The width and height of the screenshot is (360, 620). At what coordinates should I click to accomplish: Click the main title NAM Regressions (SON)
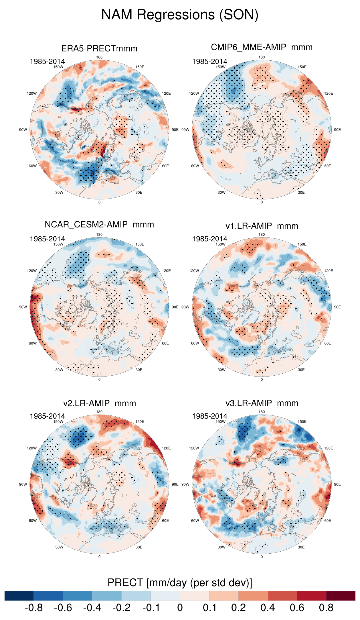pos(180,15)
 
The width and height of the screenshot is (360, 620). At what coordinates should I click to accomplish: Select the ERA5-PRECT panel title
pos(99,48)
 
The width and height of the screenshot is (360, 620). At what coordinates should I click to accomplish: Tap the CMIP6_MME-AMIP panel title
pos(262,47)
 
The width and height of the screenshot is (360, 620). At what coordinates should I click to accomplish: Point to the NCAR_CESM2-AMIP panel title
pos(99,225)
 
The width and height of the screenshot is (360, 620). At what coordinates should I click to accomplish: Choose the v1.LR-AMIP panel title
pos(262,226)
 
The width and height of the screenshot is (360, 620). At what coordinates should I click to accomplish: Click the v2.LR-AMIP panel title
pos(99,403)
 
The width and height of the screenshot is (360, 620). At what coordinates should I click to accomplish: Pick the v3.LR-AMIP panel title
pos(262,403)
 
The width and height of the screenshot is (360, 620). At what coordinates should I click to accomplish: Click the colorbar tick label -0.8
pos(34,608)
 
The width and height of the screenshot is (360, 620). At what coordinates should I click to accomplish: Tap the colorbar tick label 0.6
pos(297,608)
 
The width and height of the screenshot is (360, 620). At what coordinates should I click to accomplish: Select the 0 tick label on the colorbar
pos(180,608)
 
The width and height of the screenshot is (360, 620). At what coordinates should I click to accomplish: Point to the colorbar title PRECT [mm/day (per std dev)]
pos(180,583)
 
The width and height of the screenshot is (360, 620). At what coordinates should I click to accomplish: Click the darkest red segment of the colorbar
pos(341,596)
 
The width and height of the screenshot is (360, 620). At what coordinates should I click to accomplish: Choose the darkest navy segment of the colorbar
pos(19,596)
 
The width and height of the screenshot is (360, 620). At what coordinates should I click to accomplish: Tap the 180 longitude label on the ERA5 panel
pos(99,57)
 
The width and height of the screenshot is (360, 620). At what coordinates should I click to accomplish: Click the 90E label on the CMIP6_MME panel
pos(337,130)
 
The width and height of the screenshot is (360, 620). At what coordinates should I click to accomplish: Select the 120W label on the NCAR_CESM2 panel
pos(32,271)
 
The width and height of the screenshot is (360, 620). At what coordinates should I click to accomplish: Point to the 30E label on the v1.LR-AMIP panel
pos(301,370)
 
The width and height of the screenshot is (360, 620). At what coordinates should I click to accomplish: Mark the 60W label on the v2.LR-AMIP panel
pos(33,520)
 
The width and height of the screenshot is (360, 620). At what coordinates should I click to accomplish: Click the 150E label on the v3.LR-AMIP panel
pos(302,421)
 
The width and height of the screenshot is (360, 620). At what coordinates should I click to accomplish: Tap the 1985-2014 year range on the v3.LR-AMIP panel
pos(209,416)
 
